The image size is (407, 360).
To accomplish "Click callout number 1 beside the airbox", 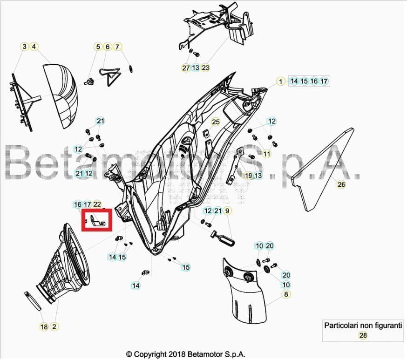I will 280,82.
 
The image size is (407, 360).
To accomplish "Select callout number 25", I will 215,122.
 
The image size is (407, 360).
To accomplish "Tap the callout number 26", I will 341,184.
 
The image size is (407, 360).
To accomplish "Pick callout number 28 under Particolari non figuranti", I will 363,335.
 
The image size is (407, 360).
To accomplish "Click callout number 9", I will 228,211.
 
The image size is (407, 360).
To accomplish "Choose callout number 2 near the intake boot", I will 54,327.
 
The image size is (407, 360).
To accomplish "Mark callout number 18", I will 44,327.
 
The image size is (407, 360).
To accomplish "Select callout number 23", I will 205,68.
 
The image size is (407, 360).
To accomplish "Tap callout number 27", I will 186,68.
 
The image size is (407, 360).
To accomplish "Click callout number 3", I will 24,47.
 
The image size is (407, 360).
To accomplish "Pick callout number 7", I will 117,47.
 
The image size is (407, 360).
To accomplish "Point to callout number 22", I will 97,204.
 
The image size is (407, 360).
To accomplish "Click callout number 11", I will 267,154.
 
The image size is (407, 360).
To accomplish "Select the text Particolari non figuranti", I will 363,326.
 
